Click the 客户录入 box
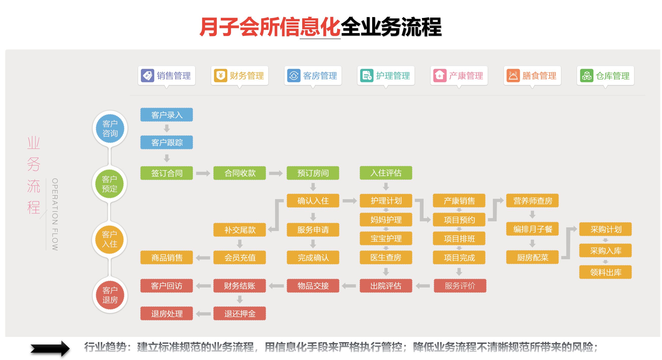166,115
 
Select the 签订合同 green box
166,173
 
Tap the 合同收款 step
240,173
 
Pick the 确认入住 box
313,201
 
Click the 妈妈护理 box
386,220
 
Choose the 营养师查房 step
532,201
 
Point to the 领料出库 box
605,272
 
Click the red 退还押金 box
240,314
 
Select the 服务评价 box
460,286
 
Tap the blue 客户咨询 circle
110,128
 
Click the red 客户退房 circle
110,295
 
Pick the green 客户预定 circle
109,184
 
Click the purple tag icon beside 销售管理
147,76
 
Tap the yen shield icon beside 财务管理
220,76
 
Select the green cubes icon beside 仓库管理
586,76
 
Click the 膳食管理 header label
539,76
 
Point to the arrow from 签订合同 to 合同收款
203,173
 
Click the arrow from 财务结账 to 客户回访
203,286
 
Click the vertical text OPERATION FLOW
55,214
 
